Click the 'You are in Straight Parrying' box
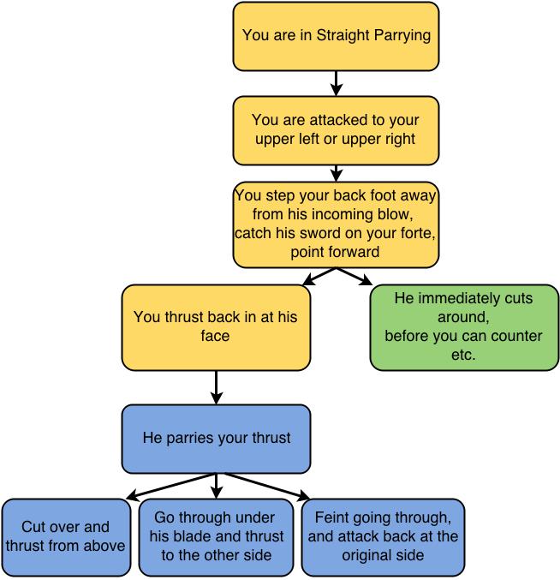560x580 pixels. (336, 36)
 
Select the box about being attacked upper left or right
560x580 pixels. (336, 130)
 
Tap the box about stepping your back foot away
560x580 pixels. (336, 224)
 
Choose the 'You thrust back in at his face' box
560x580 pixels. (216, 327)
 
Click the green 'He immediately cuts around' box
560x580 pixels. (464, 327)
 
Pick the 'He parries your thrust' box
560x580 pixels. (216, 439)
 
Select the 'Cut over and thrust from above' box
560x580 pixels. (66, 537)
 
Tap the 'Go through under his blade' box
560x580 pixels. (217, 537)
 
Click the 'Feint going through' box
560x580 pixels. (383, 537)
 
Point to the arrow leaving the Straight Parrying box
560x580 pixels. (336, 83)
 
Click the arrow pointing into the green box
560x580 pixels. (354, 277)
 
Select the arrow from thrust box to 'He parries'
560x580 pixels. (216, 387)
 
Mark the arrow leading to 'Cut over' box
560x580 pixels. (170, 487)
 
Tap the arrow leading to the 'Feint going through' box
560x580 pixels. (266, 487)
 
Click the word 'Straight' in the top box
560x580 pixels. (343, 35)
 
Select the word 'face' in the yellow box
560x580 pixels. (215, 336)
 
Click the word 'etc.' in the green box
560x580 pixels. (463, 355)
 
